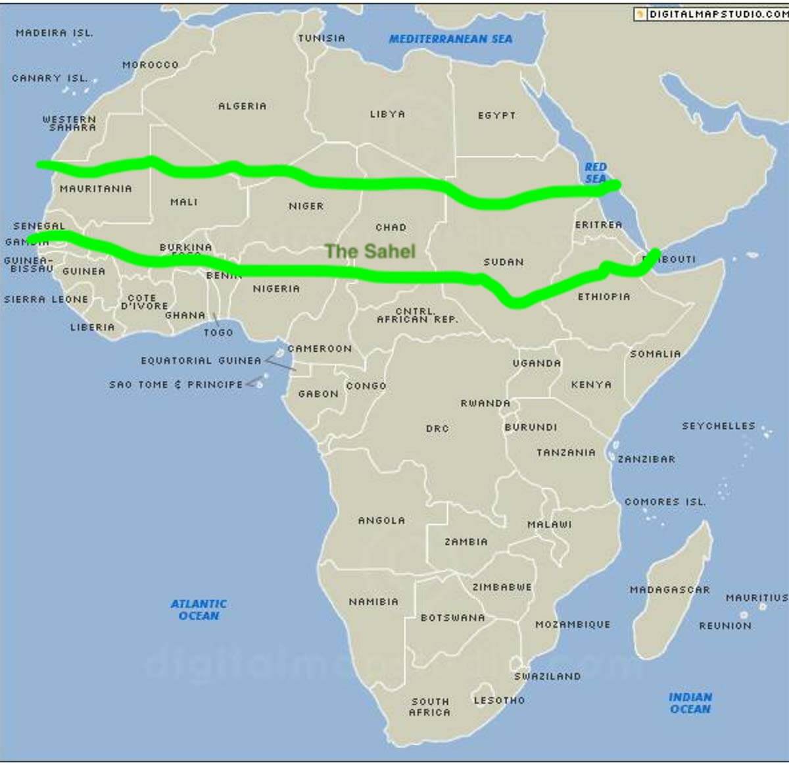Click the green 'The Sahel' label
pyautogui.click(x=370, y=251)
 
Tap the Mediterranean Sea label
pyautogui.click(x=450, y=39)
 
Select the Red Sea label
pyautogui.click(x=596, y=172)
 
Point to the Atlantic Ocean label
pyautogui.click(x=199, y=609)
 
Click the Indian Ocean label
pyautogui.click(x=690, y=703)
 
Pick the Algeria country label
pyautogui.click(x=243, y=106)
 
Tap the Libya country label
pyautogui.click(x=387, y=114)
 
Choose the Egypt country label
pyautogui.click(x=496, y=116)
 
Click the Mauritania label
pyautogui.click(x=96, y=189)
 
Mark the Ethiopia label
pyautogui.click(x=604, y=297)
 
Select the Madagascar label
pyautogui.click(x=669, y=590)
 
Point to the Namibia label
pyautogui.click(x=373, y=601)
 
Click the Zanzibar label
pyautogui.click(x=646, y=459)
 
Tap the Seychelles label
pyautogui.click(x=718, y=426)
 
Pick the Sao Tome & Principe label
pyautogui.click(x=176, y=384)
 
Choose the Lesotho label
pyautogui.click(x=499, y=701)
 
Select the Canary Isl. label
pyautogui.click(x=49, y=78)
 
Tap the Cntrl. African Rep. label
pyautogui.click(x=417, y=315)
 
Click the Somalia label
pyautogui.click(x=655, y=354)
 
